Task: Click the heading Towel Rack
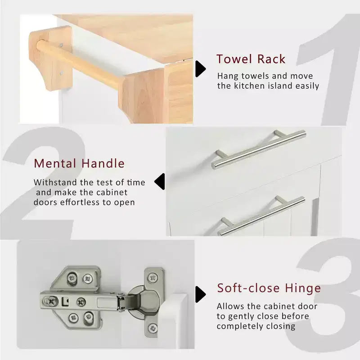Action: (251, 59)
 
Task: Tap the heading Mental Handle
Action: (79, 163)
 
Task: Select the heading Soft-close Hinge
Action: (269, 288)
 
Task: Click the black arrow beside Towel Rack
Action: (200, 69)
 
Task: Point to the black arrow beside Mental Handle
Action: (160, 182)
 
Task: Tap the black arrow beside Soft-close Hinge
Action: (200, 294)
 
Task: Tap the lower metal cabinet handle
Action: (262, 216)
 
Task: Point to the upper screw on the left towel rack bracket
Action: (61, 45)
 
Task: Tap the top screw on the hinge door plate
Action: (153, 279)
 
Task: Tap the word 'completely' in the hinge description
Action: (237, 326)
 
